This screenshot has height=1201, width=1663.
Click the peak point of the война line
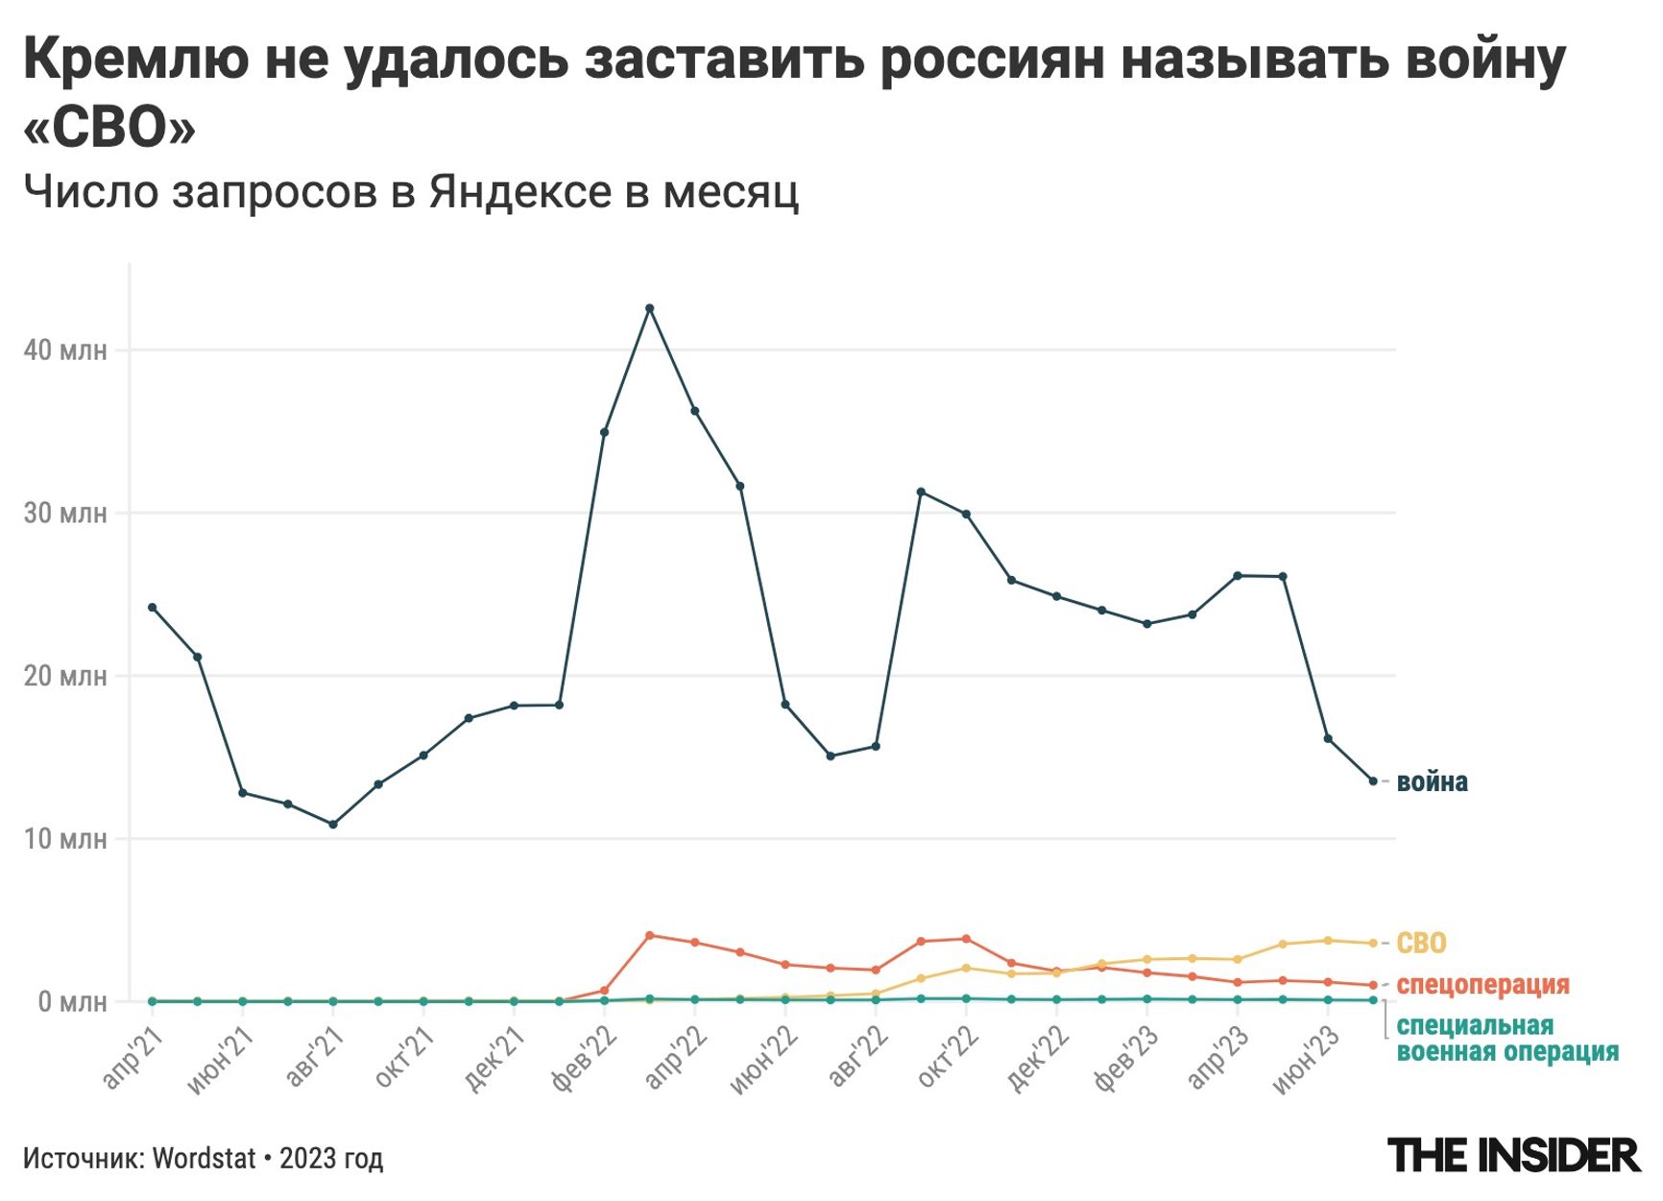coord(649,308)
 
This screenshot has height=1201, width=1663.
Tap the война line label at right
coord(1432,781)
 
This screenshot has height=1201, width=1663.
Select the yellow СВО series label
coord(1421,943)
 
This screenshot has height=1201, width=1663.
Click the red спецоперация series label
coord(1482,984)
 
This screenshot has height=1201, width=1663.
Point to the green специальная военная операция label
coord(1506,1039)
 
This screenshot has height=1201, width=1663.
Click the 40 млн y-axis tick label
coord(64,349)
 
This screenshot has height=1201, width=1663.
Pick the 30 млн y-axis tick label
coord(64,513)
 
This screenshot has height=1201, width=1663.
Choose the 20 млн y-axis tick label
coord(64,676)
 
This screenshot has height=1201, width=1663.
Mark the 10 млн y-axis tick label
coord(64,839)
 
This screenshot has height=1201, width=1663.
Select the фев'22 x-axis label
coord(584,1059)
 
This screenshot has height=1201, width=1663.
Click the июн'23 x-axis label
coord(1307,1059)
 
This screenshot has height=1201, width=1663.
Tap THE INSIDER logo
coord(1514,1156)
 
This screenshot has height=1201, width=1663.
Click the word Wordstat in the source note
coord(205,1159)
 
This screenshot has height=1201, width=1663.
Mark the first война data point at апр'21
coord(153,608)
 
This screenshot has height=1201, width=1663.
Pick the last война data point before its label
coord(1373,781)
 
